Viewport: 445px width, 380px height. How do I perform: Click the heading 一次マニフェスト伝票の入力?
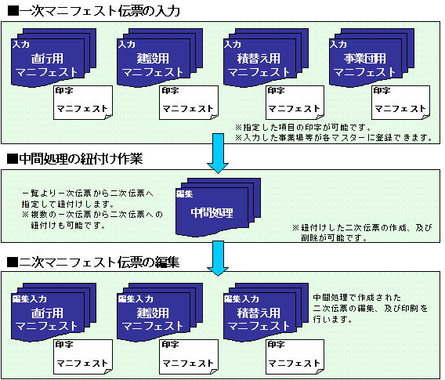pyautogui.click(x=94, y=11)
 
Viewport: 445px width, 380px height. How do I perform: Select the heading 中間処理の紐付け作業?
pyautogui.click(x=75, y=158)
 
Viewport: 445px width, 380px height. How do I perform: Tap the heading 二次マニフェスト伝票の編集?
pyautogui.click(x=93, y=262)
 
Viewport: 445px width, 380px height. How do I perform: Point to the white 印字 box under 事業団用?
pyautogui.click(x=400, y=103)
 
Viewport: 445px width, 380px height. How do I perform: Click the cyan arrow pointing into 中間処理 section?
pyautogui.click(x=218, y=154)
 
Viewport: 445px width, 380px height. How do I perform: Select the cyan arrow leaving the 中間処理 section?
pyautogui.click(x=218, y=259)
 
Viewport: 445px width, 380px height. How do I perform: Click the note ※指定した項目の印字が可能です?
pyautogui.click(x=303, y=127)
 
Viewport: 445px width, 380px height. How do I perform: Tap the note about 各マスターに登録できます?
pyautogui.click(x=334, y=138)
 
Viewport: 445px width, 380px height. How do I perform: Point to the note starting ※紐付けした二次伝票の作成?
pyautogui.click(x=363, y=233)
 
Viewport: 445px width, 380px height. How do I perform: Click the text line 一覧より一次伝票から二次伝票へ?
pyautogui.click(x=88, y=194)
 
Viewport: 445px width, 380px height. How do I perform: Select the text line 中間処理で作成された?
pyautogui.click(x=357, y=298)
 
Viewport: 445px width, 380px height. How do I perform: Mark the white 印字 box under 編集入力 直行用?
pyautogui.click(x=83, y=357)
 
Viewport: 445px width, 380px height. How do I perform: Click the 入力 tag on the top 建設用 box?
pyautogui.click(x=127, y=45)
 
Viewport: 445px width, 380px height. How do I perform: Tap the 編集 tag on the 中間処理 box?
pyautogui.click(x=184, y=194)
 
